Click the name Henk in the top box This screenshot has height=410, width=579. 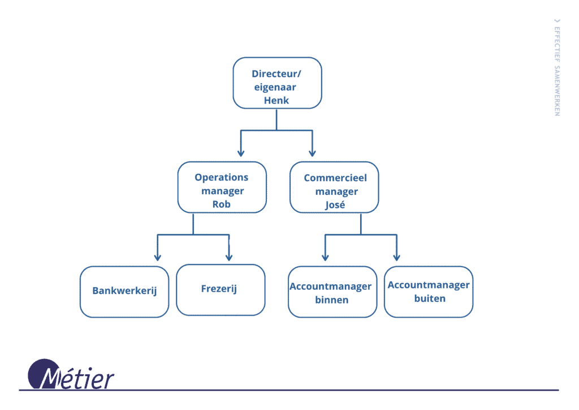tap(276, 100)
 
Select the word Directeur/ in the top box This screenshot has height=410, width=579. tap(276, 74)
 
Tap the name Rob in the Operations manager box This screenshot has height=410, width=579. tap(222, 204)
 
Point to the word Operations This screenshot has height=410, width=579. tap(222, 177)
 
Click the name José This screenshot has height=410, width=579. tap(335, 205)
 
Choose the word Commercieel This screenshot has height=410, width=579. tap(335, 178)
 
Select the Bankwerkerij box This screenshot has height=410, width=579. tap(124, 291)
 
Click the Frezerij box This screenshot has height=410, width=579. tap(220, 289)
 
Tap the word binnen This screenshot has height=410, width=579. tap(332, 300)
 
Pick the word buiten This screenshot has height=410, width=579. tap(429, 298)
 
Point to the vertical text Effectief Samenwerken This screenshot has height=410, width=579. tap(557, 68)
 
